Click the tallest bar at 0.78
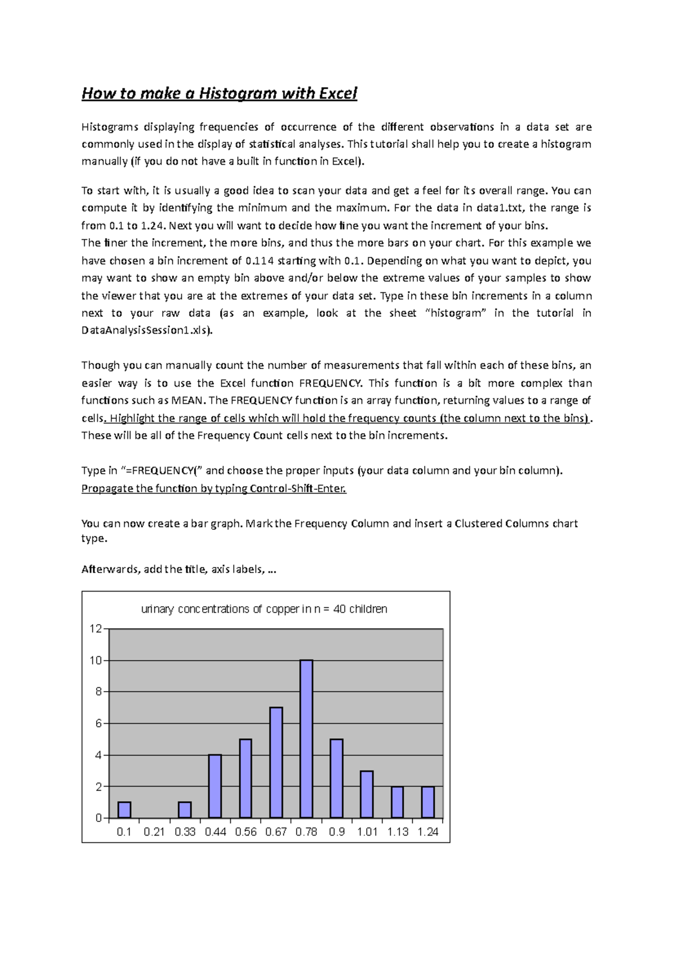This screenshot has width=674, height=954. [306, 738]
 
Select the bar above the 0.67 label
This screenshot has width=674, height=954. [276, 762]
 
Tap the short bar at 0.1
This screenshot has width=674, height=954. [124, 810]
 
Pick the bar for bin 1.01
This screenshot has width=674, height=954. [367, 794]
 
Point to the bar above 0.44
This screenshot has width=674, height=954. [215, 785]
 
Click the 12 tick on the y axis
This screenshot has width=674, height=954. [95, 629]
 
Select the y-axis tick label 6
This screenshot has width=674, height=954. [98, 723]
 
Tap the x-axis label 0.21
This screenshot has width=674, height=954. [154, 832]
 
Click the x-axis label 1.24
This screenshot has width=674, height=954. [428, 832]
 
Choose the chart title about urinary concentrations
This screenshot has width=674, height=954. [264, 609]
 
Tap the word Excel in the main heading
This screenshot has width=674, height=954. [338, 93]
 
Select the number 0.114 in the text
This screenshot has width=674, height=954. [259, 261]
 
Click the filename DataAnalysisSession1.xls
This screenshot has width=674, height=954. [146, 330]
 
